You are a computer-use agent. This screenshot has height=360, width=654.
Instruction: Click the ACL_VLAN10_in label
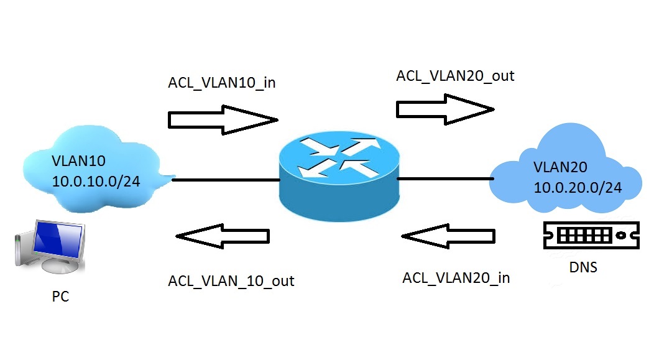point(222,84)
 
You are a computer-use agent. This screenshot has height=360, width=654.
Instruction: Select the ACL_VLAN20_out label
point(455,76)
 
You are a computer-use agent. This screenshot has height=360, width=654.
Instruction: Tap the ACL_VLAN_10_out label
point(231,281)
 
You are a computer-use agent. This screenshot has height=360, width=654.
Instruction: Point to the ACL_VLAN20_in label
point(456,278)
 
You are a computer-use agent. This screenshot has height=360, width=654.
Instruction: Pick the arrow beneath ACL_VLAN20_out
point(445,109)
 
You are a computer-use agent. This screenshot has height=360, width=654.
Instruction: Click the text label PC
point(60,297)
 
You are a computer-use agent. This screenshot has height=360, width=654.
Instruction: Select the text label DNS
point(584,268)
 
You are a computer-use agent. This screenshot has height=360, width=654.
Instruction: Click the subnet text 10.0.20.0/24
point(578,187)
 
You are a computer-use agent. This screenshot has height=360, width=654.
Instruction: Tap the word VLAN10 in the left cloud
point(79,161)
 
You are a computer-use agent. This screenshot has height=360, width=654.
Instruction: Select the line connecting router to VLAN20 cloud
point(445,179)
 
